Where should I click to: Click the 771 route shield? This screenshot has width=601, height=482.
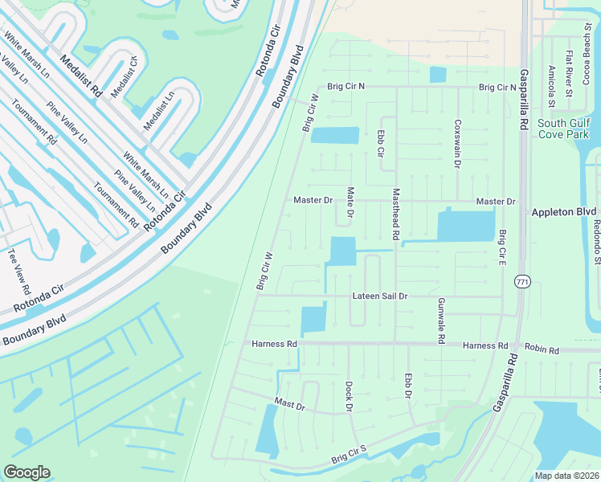(x=522, y=282)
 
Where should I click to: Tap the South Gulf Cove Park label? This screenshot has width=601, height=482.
(x=563, y=129)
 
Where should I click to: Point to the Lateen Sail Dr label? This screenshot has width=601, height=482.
(x=380, y=296)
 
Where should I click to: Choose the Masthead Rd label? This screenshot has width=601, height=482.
(x=395, y=215)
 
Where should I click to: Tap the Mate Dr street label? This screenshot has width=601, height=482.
(x=350, y=202)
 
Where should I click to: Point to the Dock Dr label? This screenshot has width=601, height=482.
(x=350, y=396)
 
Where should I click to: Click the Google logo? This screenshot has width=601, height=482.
(x=27, y=472)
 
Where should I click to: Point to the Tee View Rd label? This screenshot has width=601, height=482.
(x=19, y=272)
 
